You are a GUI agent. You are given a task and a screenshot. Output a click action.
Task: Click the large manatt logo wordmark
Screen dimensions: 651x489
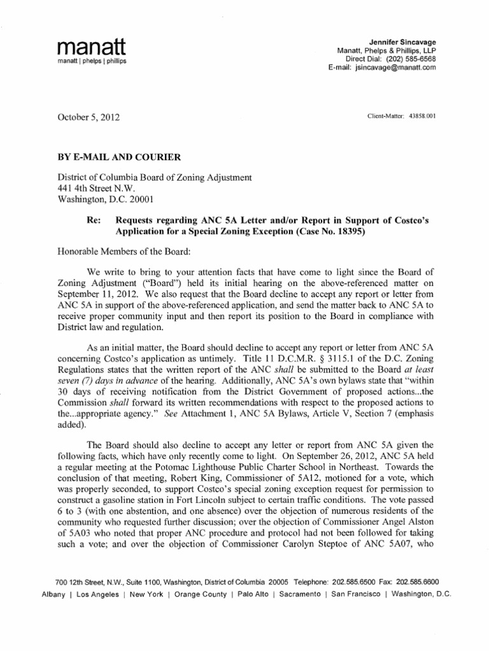(92, 46)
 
